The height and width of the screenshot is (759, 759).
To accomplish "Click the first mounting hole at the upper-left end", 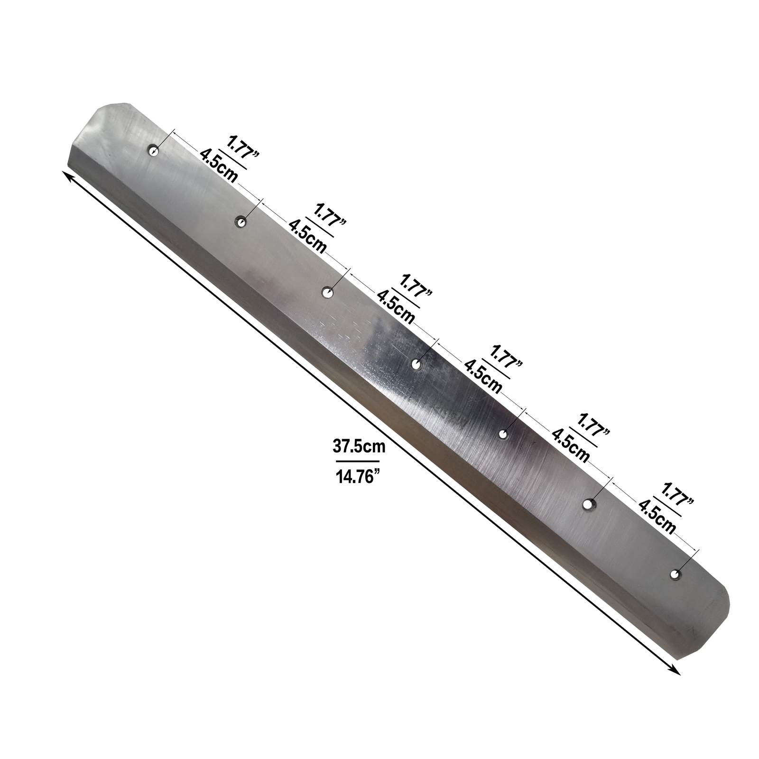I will [x=154, y=151].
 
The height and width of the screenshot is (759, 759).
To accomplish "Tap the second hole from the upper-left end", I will [x=241, y=222].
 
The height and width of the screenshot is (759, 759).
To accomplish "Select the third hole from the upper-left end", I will [x=326, y=293].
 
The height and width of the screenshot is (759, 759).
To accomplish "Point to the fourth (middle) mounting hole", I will [x=417, y=364].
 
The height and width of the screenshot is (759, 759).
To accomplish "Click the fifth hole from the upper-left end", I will [x=503, y=434].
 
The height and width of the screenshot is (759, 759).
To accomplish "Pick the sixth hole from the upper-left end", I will [x=590, y=505].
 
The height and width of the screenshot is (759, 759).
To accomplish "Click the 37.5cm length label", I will [x=358, y=446].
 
